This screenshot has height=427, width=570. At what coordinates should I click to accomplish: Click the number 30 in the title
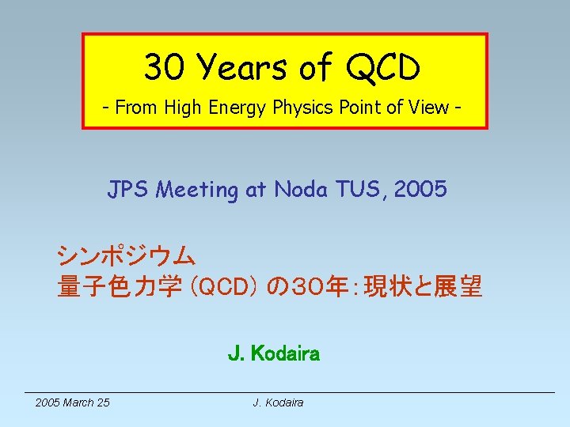165,68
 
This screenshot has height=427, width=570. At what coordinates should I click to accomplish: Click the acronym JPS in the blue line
131,190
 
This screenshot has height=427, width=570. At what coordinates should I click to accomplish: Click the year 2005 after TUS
420,190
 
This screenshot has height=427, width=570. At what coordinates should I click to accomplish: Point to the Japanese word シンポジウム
126,255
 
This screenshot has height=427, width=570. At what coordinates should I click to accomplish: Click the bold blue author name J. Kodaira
274,354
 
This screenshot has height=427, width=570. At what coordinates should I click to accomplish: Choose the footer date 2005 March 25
73,402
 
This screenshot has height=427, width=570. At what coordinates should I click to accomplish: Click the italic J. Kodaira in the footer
278,402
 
